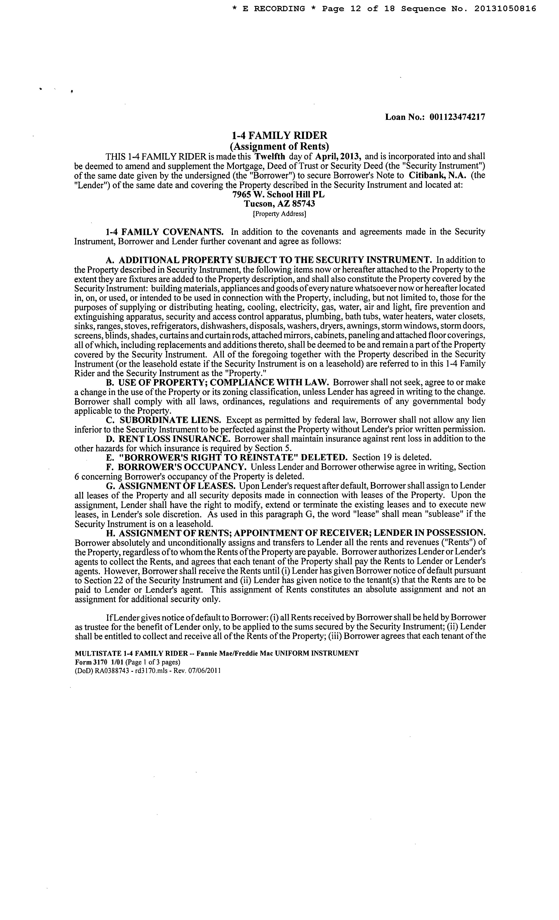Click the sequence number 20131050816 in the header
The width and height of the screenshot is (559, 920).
[505, 9]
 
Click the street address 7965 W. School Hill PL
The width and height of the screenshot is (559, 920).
[278, 195]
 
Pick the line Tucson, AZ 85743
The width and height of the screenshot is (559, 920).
[279, 204]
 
